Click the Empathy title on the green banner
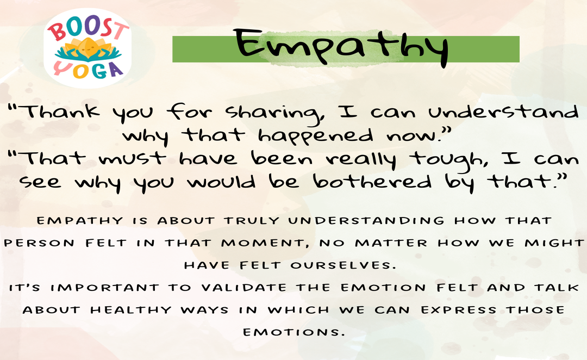[x=341, y=47]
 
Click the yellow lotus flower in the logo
[x=88, y=49]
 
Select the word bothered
[x=372, y=182]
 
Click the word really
[x=361, y=160]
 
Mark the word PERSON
[x=39, y=243]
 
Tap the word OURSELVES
[x=343, y=265]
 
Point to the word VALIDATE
[x=244, y=288]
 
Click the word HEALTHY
[x=131, y=310]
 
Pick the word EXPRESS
[x=459, y=310]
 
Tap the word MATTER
[x=391, y=243]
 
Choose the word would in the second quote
[x=222, y=182]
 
